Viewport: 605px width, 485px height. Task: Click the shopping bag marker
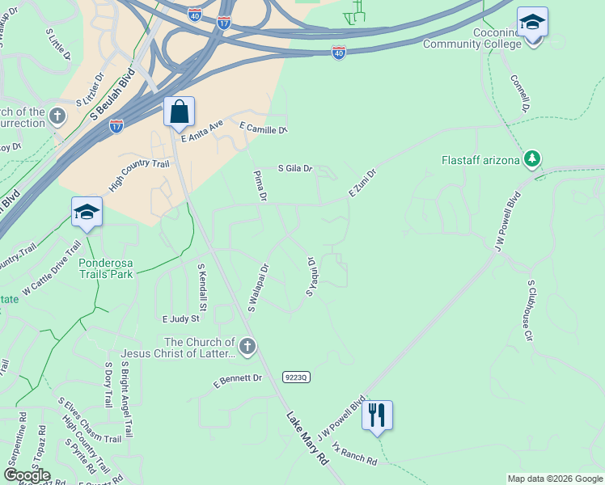(179, 112)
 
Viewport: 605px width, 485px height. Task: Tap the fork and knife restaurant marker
(377, 415)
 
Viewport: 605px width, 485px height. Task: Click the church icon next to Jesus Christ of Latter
(247, 348)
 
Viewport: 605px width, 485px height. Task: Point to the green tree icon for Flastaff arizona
(532, 159)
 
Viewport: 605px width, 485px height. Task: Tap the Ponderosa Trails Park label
(106, 268)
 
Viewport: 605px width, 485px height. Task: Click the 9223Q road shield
(297, 377)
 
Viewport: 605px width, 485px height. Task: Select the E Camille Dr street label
(264, 128)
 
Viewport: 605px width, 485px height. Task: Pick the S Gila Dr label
(295, 168)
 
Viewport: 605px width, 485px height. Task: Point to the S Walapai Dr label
(258, 287)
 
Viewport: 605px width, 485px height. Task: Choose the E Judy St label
(180, 319)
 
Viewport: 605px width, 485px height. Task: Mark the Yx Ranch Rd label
(354, 456)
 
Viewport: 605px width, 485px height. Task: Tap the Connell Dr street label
(520, 94)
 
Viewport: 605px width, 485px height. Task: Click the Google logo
(27, 475)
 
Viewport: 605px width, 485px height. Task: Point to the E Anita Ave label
(202, 131)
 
